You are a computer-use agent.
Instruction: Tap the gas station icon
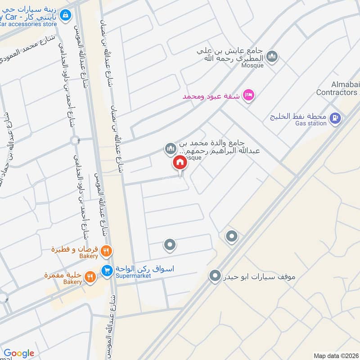click(335, 118)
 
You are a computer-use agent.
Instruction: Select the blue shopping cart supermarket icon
click(107, 270)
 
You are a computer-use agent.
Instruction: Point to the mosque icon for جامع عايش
click(272, 57)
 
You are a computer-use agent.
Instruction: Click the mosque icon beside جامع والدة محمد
click(170, 148)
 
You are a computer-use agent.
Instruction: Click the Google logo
click(18, 353)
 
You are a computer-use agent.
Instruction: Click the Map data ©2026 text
click(335, 355)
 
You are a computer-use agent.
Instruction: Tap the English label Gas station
click(310, 123)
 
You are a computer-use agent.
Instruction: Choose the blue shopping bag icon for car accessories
click(66, 15)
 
